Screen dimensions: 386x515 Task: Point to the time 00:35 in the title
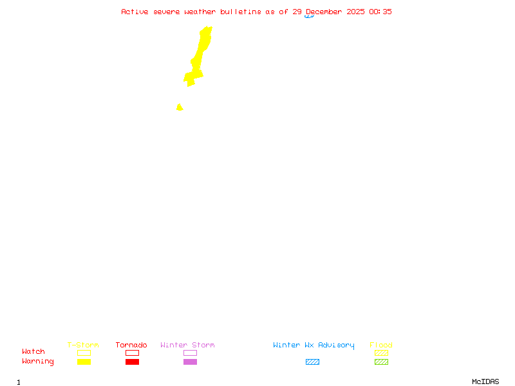[x=380, y=12]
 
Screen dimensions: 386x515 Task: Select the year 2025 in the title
[x=355, y=12]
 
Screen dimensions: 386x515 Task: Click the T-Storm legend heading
[x=83, y=345]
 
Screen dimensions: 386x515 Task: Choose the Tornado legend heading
[x=131, y=345]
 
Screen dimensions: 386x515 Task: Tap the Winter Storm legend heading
[x=187, y=345]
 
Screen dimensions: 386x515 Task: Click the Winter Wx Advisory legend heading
[x=314, y=345]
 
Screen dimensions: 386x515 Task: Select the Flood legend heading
[x=381, y=345]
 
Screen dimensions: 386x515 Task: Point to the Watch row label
[x=33, y=352]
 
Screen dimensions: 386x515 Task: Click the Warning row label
[x=38, y=362]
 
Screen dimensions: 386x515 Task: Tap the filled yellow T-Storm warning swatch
[x=84, y=362]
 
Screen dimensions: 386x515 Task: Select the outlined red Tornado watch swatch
[x=132, y=353]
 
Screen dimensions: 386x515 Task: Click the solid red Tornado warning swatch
[x=132, y=362]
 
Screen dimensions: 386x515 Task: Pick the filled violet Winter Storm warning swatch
[x=190, y=362]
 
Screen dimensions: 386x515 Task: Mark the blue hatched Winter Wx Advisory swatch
[x=312, y=362]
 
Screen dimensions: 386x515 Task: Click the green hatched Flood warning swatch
[x=381, y=362]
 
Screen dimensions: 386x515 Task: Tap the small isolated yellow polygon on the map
[x=180, y=107]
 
